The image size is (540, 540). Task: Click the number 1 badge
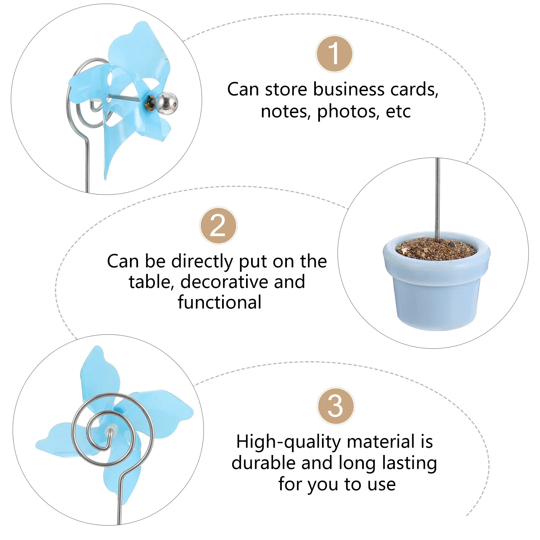334,54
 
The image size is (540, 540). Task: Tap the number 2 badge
218,226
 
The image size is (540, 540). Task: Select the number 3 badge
335,406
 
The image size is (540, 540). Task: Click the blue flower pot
437,297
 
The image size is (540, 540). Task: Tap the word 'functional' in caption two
220,302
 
